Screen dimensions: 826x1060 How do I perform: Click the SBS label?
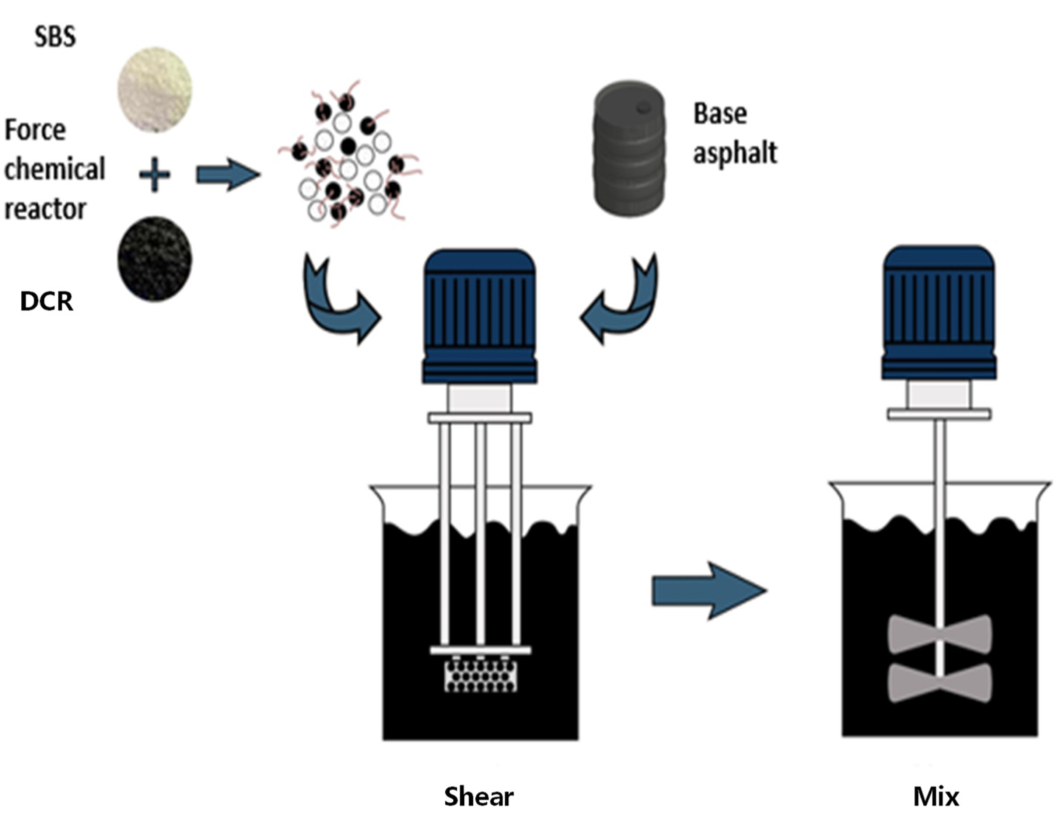pyautogui.click(x=55, y=36)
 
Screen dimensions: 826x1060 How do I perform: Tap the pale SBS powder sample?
pyautogui.click(x=154, y=90)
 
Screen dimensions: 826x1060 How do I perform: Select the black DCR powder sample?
pyautogui.click(x=154, y=259)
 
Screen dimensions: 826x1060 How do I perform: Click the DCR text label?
pyautogui.click(x=46, y=302)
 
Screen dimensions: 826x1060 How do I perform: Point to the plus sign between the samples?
pyautogui.click(x=154, y=174)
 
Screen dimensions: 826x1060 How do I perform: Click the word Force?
pyautogui.click(x=35, y=130)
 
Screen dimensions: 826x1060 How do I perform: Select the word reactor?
pyautogui.click(x=45, y=209)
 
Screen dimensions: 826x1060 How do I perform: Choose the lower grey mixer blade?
pyautogui.click(x=939, y=682)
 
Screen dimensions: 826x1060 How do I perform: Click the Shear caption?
pyautogui.click(x=479, y=797)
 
